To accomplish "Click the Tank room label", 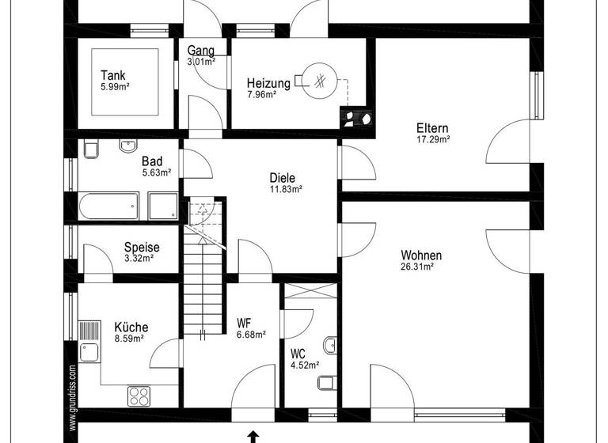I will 112,76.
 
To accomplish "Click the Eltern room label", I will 433,128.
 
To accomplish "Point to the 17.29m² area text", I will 433,139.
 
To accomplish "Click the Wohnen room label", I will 421,256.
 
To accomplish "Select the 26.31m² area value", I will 416,267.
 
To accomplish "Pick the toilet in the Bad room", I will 89,148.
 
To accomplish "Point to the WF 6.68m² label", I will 249,328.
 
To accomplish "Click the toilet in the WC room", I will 325,384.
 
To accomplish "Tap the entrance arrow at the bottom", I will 253,435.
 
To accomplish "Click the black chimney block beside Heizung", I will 358,117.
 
